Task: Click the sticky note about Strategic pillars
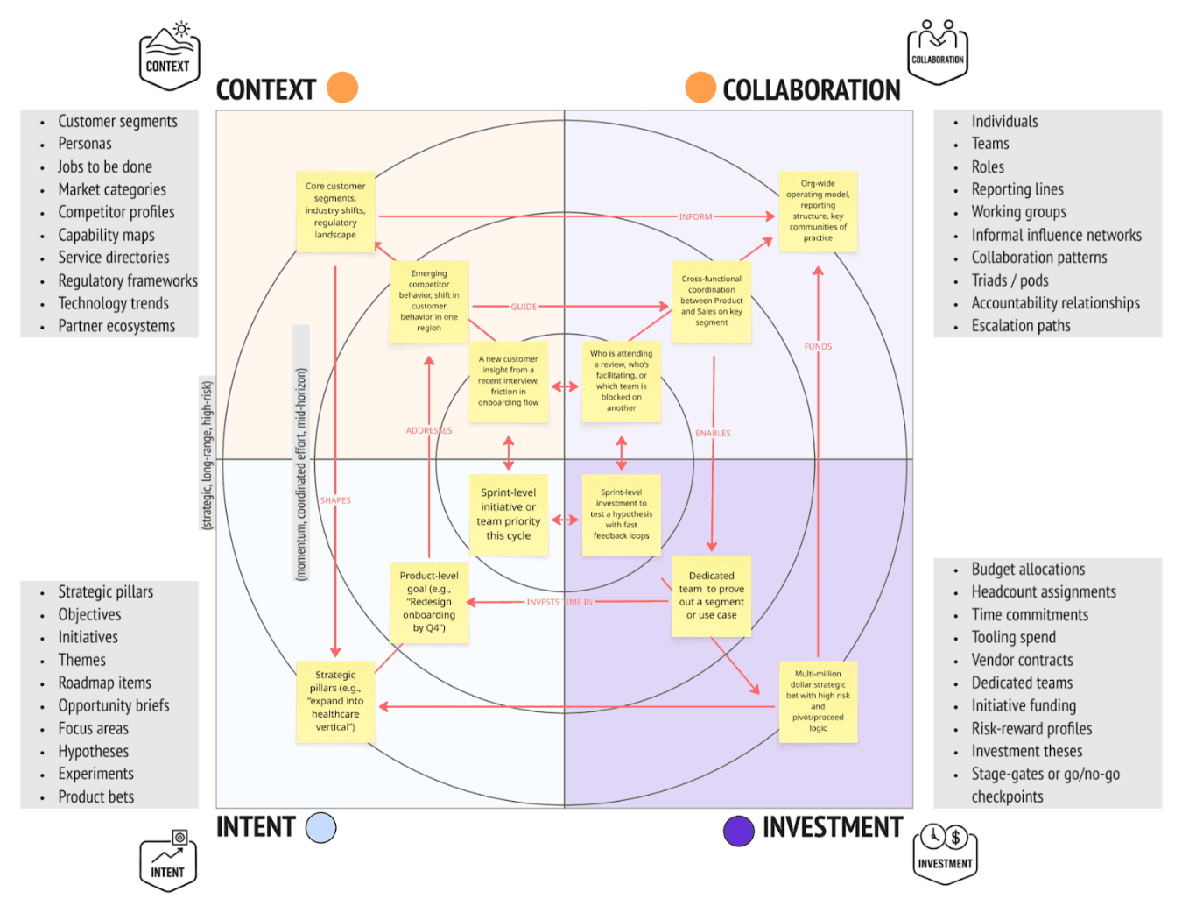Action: pos(335,701)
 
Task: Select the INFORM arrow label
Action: pos(695,216)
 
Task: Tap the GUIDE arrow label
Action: pos(524,307)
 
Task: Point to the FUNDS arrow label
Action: pos(818,347)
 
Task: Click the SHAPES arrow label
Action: pos(335,500)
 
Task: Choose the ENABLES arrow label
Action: pos(713,434)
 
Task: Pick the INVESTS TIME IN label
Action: pos(559,602)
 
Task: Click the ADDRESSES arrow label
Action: pos(429,431)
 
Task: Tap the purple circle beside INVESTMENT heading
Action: pos(739,831)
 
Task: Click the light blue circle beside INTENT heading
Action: pos(321,828)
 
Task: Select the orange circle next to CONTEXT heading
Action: pos(342,88)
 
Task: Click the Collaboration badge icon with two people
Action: pos(938,53)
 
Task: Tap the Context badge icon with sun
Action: pos(169,57)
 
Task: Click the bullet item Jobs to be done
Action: pos(105,166)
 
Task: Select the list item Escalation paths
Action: pos(1021,326)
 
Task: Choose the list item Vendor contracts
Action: pos(1022,661)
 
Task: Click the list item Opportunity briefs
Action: pos(114,706)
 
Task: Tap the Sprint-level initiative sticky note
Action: pos(509,514)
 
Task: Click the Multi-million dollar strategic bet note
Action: pos(818,701)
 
